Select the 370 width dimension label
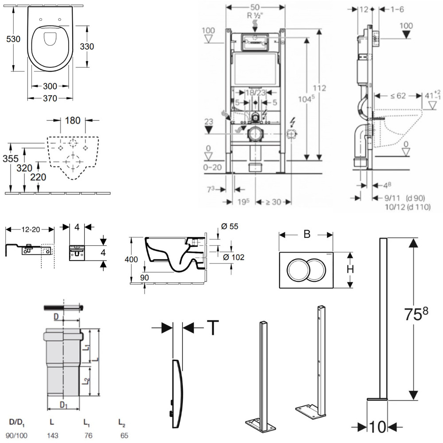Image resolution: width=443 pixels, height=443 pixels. [x=50, y=98]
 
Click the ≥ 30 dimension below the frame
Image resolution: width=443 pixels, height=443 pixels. [x=273, y=202]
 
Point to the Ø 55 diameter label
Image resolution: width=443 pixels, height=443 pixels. [x=230, y=227]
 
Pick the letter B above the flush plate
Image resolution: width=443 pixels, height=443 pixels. [x=307, y=235]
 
